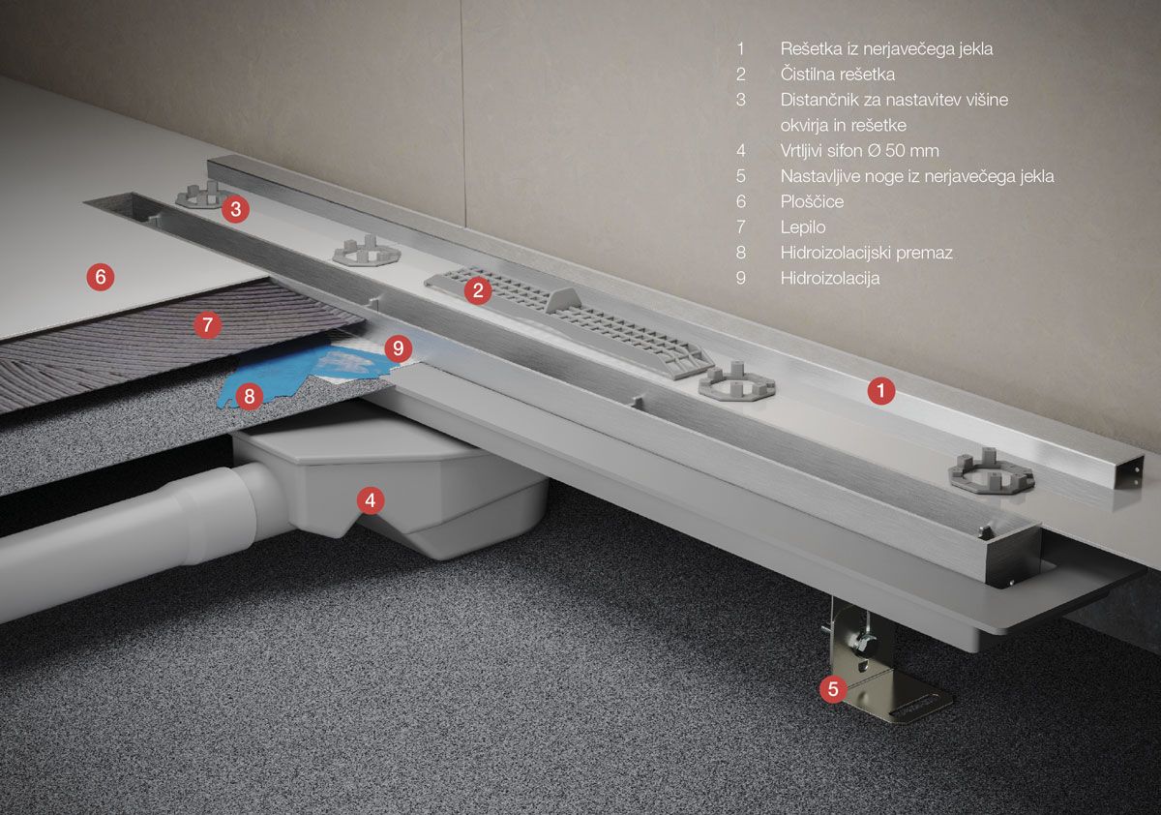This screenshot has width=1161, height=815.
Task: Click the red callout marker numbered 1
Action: pos(881,390)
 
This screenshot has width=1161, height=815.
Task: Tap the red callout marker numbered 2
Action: pos(478,290)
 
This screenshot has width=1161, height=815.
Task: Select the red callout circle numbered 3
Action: pos(235,209)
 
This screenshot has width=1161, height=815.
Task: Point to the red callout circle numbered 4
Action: pos(370,500)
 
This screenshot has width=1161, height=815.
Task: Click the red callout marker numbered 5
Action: pos(833,689)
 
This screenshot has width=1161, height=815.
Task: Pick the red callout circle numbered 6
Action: pos(100,276)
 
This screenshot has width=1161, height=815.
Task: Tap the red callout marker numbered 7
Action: pos(207,324)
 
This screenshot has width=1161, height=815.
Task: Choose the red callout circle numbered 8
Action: pos(250,396)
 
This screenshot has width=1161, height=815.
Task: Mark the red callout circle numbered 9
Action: pos(398,347)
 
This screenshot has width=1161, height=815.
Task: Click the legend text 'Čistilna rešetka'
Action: pos(838,75)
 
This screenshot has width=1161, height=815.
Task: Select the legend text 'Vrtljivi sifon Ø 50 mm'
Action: pos(859,151)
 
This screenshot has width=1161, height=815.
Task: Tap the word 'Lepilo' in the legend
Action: pos(803,227)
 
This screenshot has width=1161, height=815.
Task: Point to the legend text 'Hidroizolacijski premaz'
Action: pos(867,253)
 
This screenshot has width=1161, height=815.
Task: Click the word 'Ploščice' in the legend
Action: pos(812,201)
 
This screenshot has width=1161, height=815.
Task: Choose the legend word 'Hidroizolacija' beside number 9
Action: pos(830,278)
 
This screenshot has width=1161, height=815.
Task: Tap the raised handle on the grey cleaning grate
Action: pos(564,300)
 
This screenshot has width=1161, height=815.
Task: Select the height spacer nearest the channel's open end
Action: pos(991,471)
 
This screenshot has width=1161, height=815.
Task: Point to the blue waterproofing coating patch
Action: pos(290,374)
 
